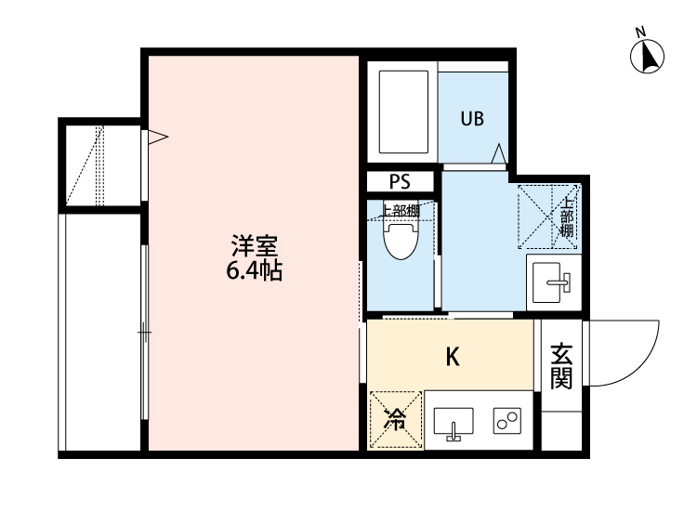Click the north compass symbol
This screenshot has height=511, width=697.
coord(648,57)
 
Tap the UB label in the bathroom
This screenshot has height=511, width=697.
coord(472,119)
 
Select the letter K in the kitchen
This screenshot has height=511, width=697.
coord(453,356)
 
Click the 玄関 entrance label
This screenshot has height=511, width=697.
coord(560,365)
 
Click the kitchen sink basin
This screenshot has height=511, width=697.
coord(452,423)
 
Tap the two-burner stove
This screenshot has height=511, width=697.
coord(507,423)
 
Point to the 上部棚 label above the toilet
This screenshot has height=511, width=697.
coord(401,210)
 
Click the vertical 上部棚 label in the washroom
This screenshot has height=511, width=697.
coord(567,216)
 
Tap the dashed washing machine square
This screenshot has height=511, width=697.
coord(546,217)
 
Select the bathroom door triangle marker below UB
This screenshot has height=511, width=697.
coord(499,152)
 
